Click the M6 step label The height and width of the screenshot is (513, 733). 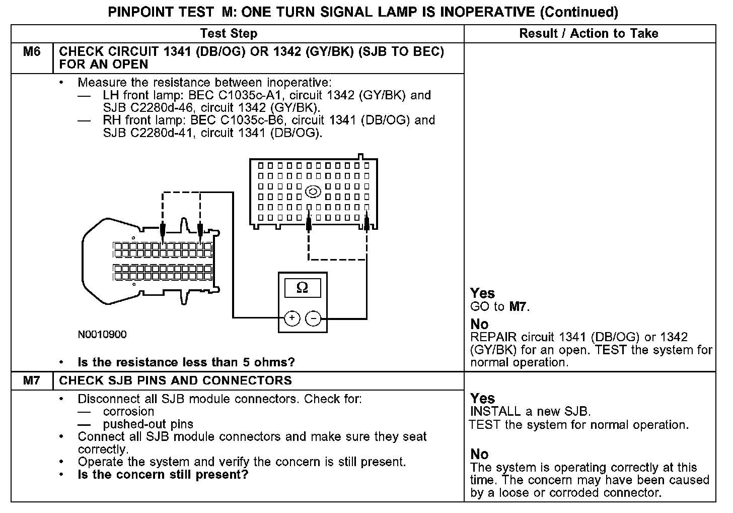pos(32,52)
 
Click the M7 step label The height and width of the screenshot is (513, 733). pos(32,380)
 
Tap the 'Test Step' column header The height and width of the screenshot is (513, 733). pos(229,34)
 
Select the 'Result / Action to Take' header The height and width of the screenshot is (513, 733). pos(589,34)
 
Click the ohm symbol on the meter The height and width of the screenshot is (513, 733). pos(302,287)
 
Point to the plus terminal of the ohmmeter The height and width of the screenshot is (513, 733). pos(292,318)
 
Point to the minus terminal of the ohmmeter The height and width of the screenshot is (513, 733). pos(314,318)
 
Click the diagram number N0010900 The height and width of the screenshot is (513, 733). pos(102,335)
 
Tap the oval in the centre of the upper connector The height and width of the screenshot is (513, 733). pos(313,191)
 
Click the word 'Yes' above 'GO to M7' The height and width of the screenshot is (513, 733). pos(482,293)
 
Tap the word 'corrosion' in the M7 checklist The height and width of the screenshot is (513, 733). pos(128,411)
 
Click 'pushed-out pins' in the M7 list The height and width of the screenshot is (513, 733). pos(148,424)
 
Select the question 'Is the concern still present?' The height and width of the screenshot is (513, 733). pos(163,475)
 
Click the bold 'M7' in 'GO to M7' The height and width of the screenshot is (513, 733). pos(519,306)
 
